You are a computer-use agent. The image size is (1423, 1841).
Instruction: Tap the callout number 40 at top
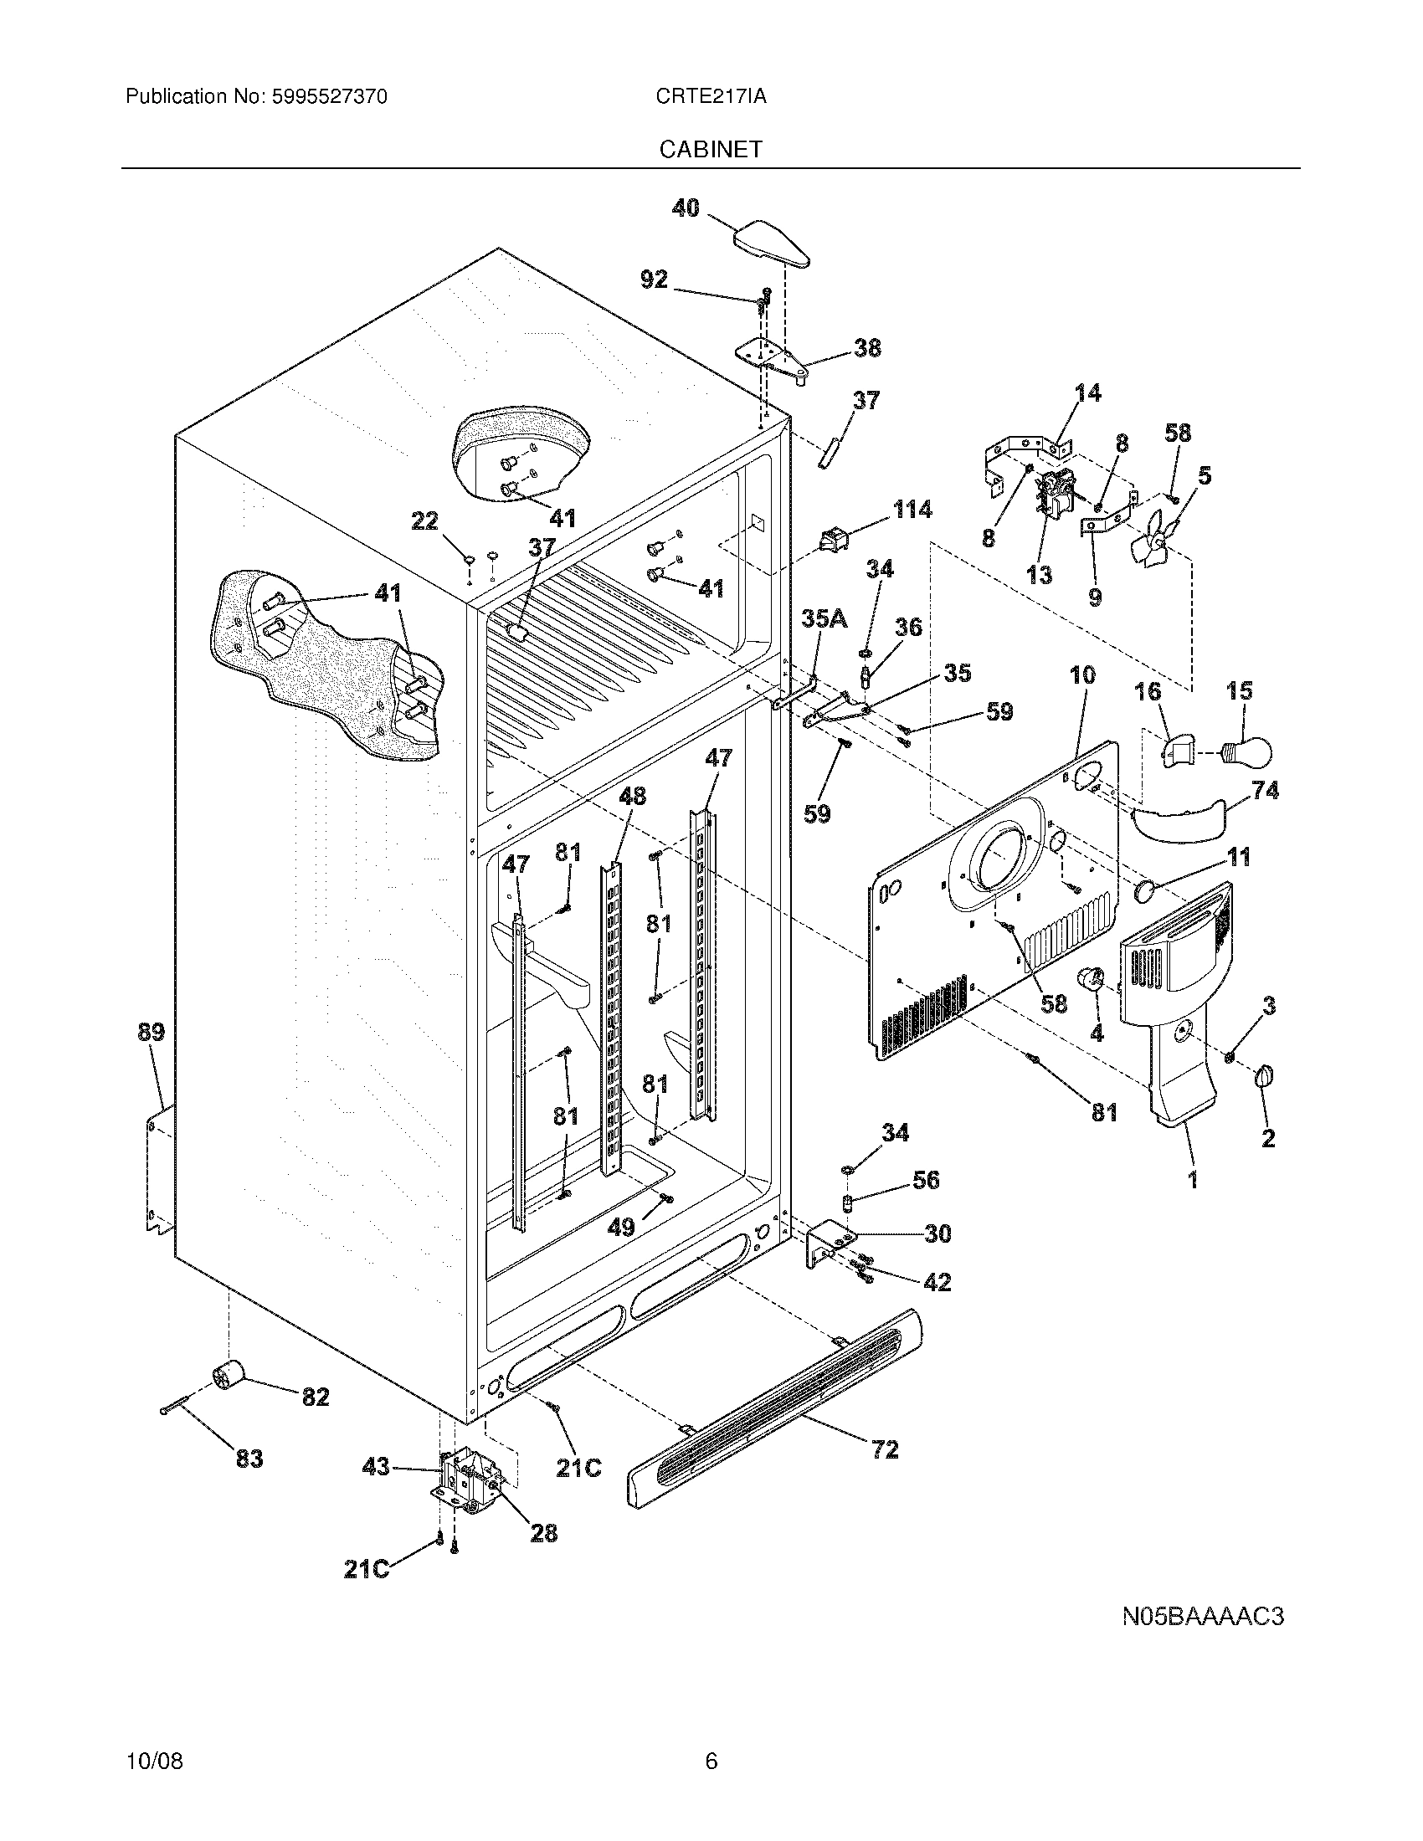(686, 208)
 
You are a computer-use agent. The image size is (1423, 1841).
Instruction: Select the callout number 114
(912, 509)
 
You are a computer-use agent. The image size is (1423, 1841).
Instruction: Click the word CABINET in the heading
(711, 149)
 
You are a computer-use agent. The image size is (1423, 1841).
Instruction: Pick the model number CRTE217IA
(711, 96)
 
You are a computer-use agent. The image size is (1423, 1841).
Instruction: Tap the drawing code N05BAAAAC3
(1202, 1616)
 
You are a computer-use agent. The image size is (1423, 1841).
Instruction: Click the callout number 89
(152, 1032)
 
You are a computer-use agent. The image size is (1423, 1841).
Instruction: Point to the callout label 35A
(824, 618)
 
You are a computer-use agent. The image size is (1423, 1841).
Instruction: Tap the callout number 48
(632, 796)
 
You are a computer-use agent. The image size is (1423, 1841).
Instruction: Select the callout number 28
(544, 1532)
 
